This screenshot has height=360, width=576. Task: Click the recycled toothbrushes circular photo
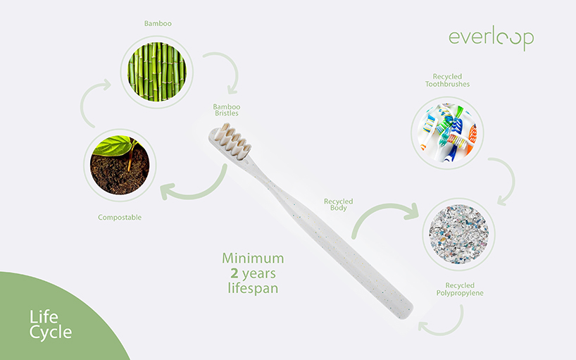coord(447,127)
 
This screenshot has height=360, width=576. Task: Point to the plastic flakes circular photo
coord(461,235)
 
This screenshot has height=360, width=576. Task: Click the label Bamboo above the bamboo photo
coord(157,23)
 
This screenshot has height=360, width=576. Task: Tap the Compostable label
coord(120,217)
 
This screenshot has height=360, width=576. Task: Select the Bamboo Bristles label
coord(227,110)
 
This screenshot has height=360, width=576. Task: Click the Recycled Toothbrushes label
coord(447,80)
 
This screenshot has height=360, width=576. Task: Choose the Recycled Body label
coord(338,205)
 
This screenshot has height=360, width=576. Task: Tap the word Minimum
coord(253,259)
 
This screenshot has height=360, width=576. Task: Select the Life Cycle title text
coord(50,323)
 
